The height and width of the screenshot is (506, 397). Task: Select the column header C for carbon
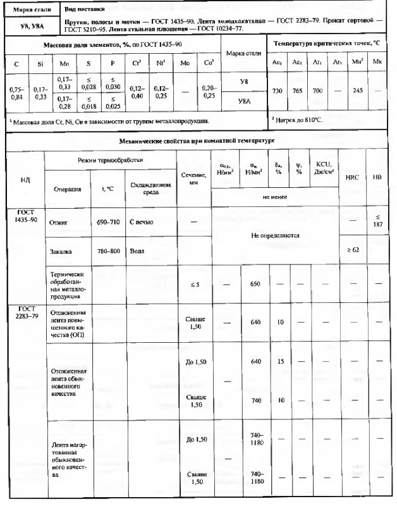pos(15,65)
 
